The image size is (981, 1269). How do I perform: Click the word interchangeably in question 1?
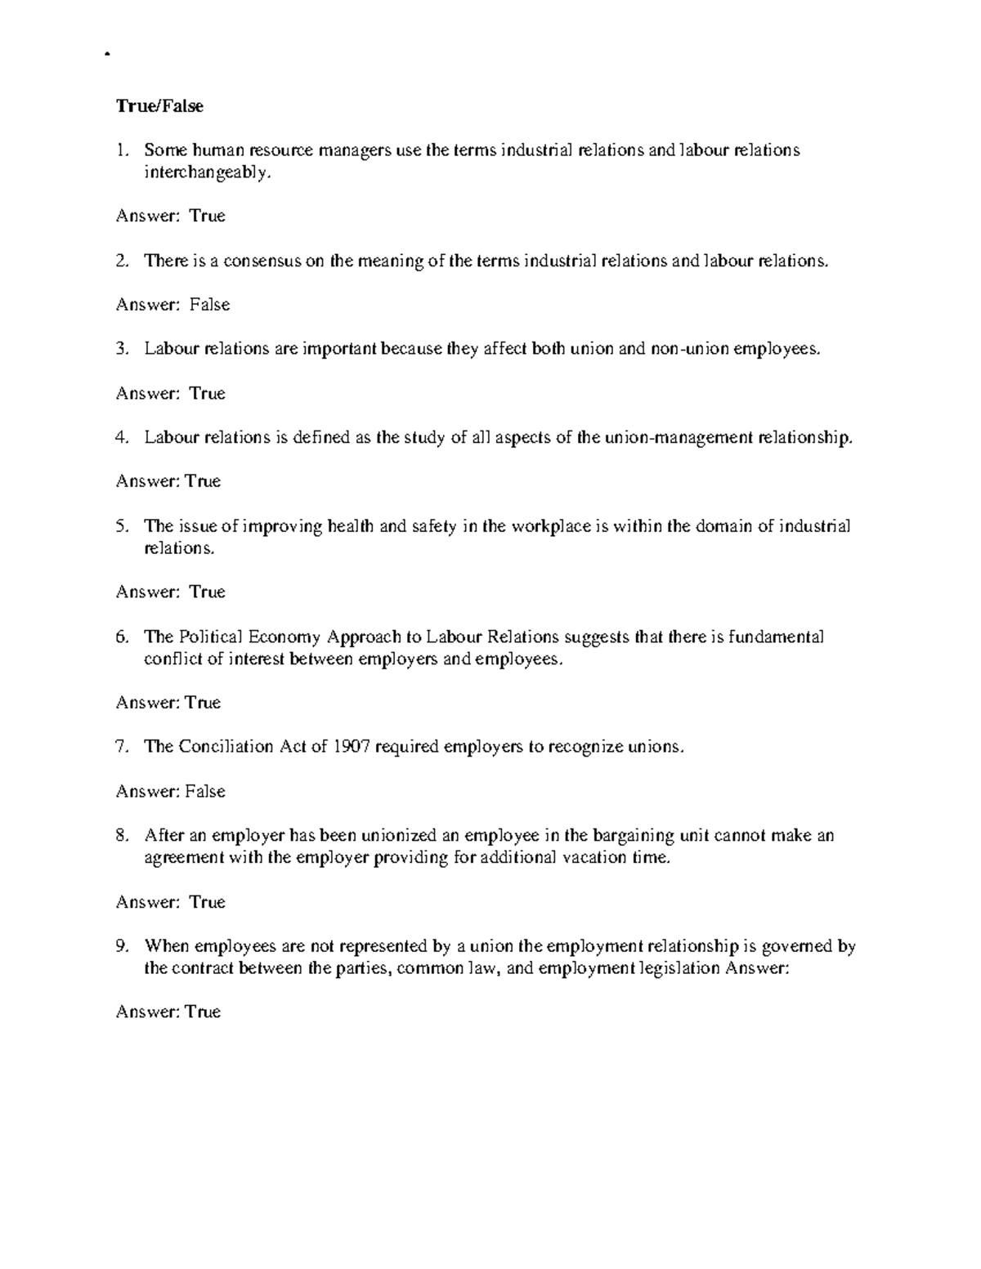click(205, 172)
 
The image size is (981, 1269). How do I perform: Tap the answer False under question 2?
click(210, 305)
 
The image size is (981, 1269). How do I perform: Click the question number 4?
click(122, 437)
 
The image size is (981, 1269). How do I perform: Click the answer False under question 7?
click(205, 791)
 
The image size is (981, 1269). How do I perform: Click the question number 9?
click(122, 946)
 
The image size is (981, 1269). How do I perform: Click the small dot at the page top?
click(107, 56)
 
